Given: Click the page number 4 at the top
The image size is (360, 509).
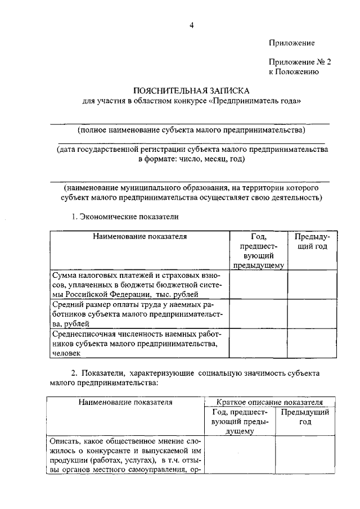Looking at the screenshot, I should pos(191,25).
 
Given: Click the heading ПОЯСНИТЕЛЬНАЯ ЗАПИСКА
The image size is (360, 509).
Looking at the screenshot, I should pos(191,91).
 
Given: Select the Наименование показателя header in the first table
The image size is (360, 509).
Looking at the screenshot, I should pos(139,237).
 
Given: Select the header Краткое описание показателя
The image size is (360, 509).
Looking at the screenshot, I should pos(270,402).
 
